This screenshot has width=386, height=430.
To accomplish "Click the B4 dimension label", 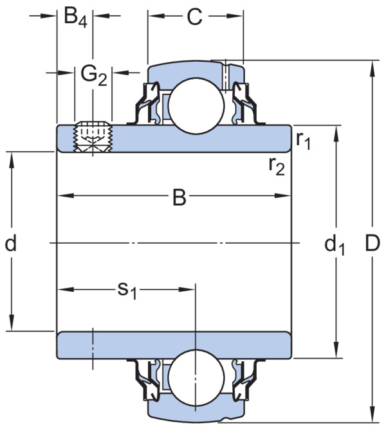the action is (75, 17).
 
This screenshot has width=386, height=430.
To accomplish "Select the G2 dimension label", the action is (94, 76).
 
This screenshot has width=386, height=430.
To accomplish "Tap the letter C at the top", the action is (195, 17).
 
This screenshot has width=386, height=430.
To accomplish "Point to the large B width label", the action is (179, 197).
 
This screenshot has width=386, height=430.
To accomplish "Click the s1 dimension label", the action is (127, 291).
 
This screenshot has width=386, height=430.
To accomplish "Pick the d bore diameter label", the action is (11, 243).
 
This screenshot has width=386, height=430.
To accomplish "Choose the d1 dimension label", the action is (334, 245).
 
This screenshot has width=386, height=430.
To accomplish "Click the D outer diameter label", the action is (372, 243).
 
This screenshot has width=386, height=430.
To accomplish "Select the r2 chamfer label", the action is (277, 166).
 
